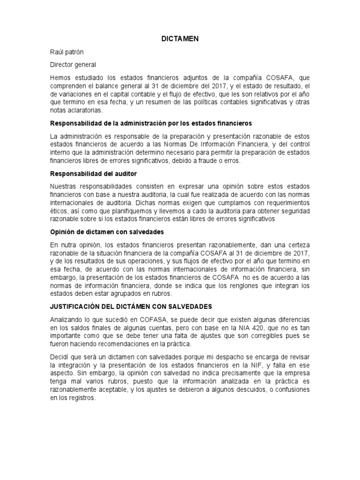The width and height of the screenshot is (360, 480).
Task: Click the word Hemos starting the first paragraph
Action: (x=61, y=77)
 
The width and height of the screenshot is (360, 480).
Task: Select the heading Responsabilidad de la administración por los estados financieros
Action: (x=151, y=123)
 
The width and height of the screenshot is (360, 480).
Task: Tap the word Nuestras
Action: (x=65, y=187)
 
